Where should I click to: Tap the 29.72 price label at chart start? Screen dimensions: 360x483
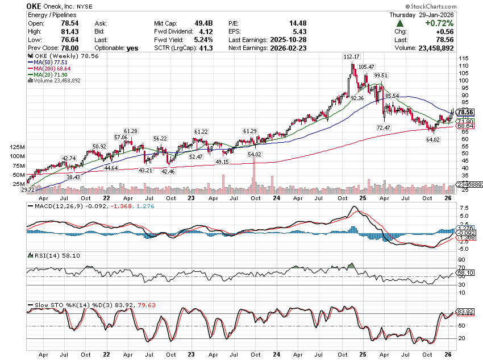[x=28, y=189]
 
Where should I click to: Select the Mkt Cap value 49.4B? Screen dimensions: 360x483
[x=209, y=23]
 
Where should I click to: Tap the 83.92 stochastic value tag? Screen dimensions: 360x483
[x=465, y=311]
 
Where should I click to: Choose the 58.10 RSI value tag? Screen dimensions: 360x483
[x=465, y=272]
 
